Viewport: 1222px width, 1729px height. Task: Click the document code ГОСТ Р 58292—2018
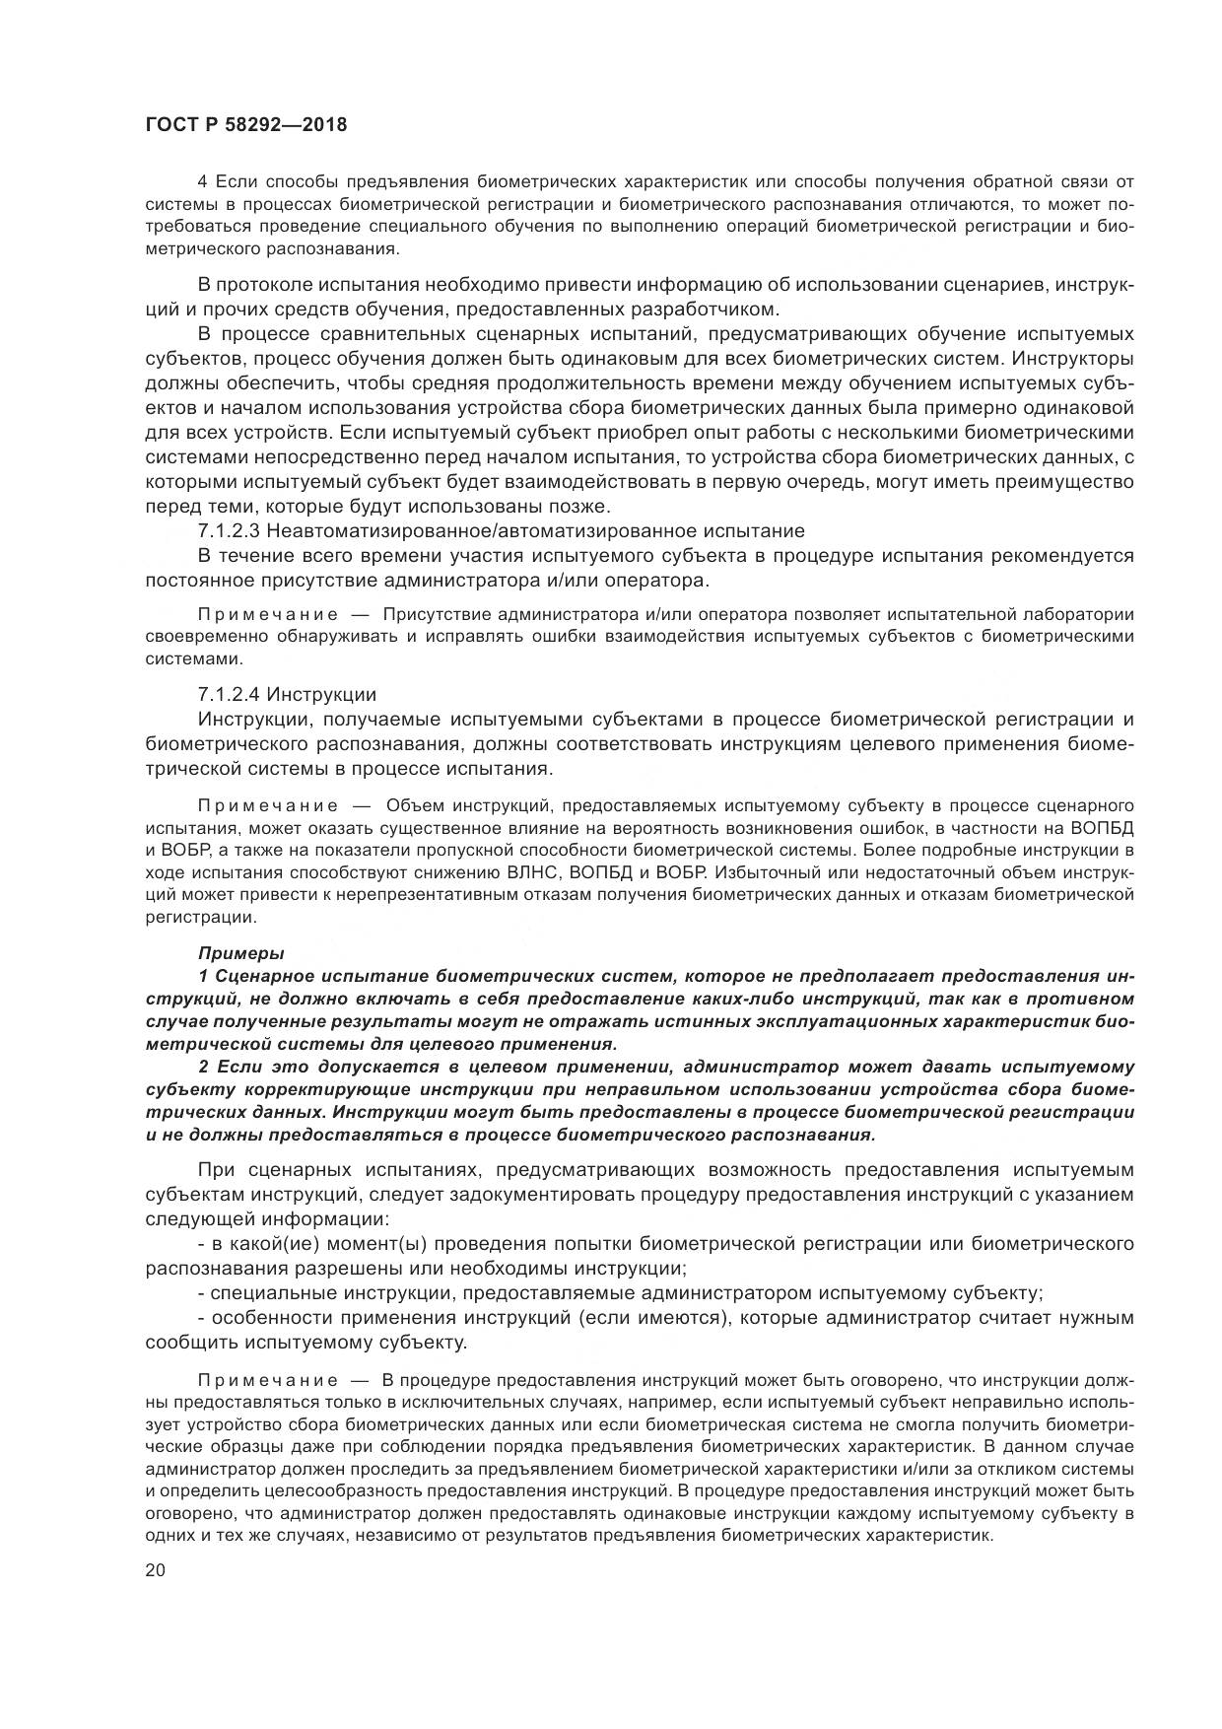246,125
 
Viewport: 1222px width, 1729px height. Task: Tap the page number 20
156,1570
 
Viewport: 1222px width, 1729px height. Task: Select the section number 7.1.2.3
229,531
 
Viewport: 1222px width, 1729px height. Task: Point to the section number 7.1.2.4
229,694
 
